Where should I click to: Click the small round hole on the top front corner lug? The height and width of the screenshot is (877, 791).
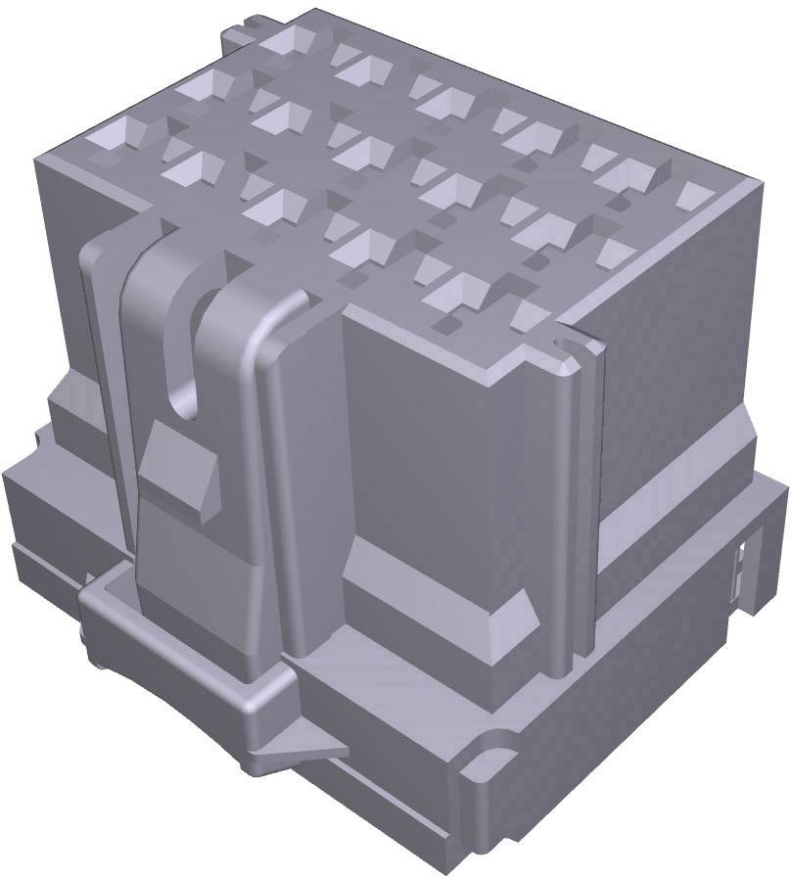coord(560,346)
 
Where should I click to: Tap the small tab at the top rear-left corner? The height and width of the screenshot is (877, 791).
coord(238,37)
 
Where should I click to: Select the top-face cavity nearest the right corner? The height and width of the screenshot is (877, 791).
coord(693,195)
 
